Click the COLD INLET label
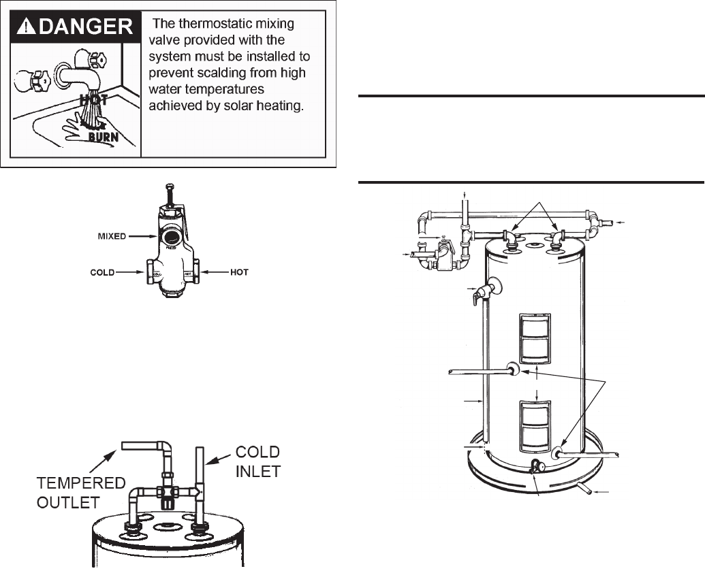pos(257,461)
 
